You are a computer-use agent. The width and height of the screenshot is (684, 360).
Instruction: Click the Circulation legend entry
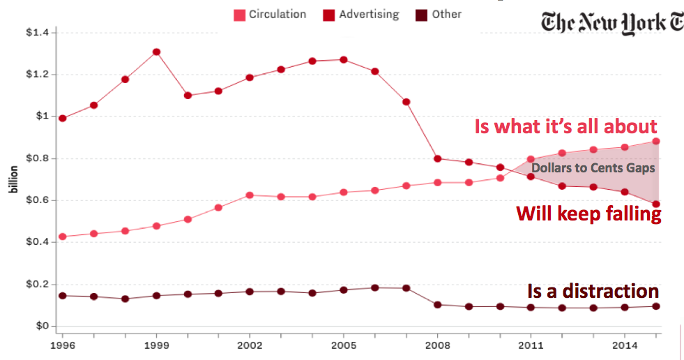click(270, 14)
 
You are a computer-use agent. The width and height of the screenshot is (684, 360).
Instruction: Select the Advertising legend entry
click(360, 14)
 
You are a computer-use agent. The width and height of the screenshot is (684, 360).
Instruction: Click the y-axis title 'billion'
click(12, 179)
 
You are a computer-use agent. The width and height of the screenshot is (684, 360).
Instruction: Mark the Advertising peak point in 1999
click(157, 52)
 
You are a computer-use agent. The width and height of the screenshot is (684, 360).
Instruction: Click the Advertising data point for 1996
click(63, 118)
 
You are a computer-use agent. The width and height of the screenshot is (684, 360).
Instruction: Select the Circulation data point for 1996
click(63, 237)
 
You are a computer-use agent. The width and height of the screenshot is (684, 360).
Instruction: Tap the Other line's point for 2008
click(438, 304)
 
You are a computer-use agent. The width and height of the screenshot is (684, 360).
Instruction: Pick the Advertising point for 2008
click(438, 158)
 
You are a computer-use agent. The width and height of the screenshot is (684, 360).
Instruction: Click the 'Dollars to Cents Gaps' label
click(593, 168)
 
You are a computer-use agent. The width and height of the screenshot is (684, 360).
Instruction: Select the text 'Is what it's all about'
click(565, 126)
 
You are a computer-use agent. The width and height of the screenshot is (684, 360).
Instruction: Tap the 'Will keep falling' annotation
click(588, 213)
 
